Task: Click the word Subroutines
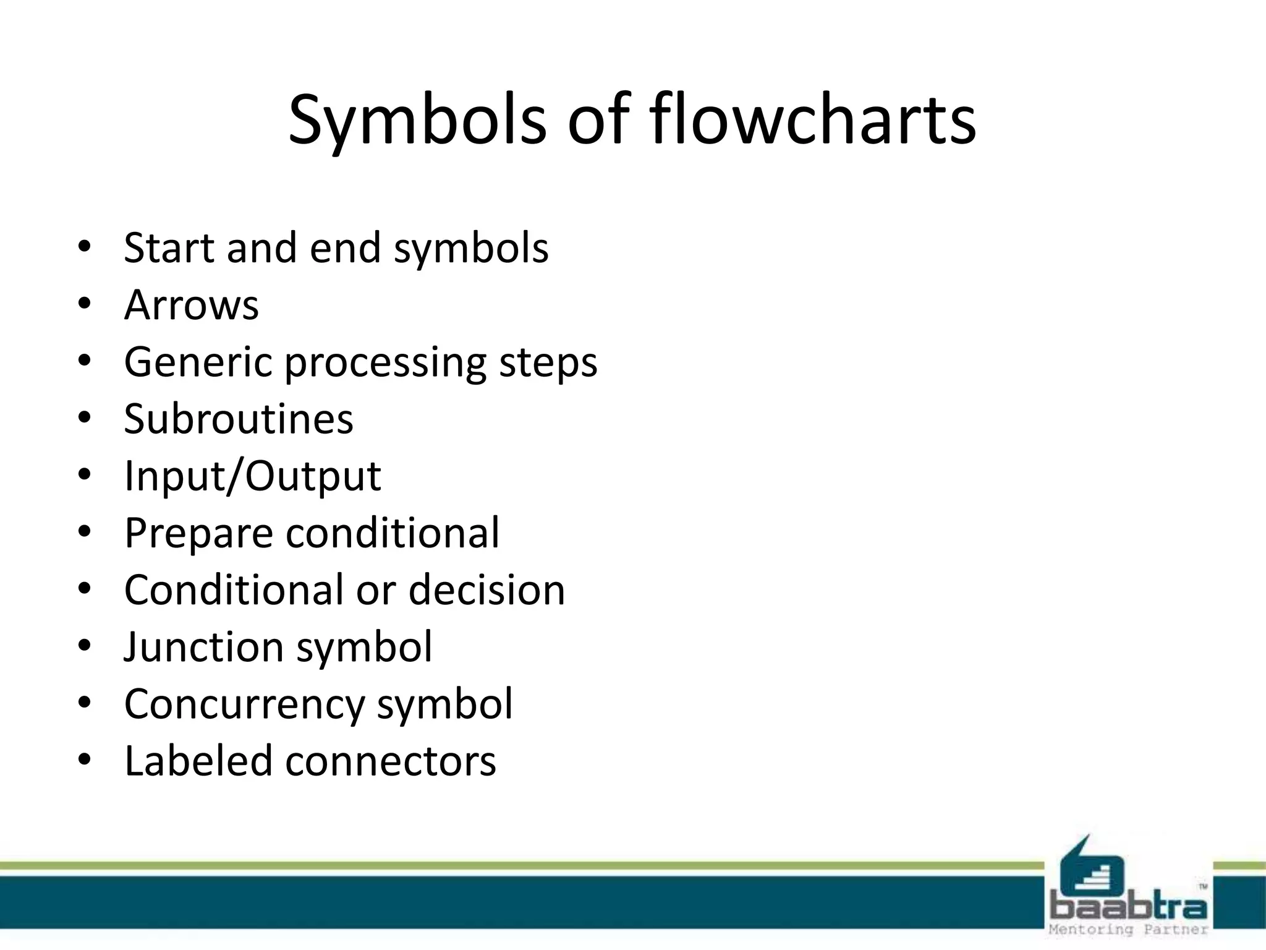[x=239, y=419]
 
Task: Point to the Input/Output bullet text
[x=252, y=476]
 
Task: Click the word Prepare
[x=198, y=533]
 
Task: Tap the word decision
[x=486, y=589]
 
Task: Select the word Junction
[x=203, y=647]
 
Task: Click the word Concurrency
[x=245, y=704]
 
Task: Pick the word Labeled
[x=198, y=761]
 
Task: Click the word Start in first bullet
[x=169, y=248]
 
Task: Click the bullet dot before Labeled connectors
[x=85, y=759]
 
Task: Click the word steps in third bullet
[x=548, y=363]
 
